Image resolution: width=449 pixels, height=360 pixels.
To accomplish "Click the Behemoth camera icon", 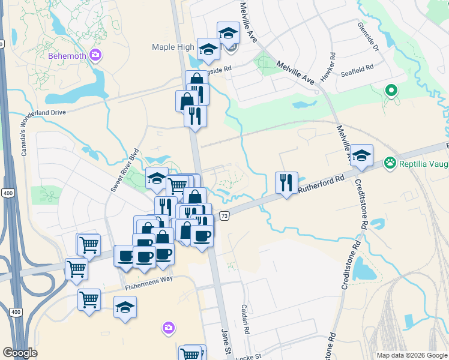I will click(x=95, y=56).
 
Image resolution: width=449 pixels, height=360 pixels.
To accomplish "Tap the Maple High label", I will click(x=173, y=47).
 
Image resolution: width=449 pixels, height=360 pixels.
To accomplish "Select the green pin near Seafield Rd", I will click(x=391, y=91).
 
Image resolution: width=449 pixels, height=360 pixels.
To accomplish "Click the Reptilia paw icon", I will click(x=391, y=162).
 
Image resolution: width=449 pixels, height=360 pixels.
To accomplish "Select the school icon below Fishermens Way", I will click(x=125, y=307).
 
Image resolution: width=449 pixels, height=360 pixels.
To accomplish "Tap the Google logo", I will click(x=20, y=353).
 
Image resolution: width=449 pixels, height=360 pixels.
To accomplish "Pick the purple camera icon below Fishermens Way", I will click(x=169, y=327).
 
